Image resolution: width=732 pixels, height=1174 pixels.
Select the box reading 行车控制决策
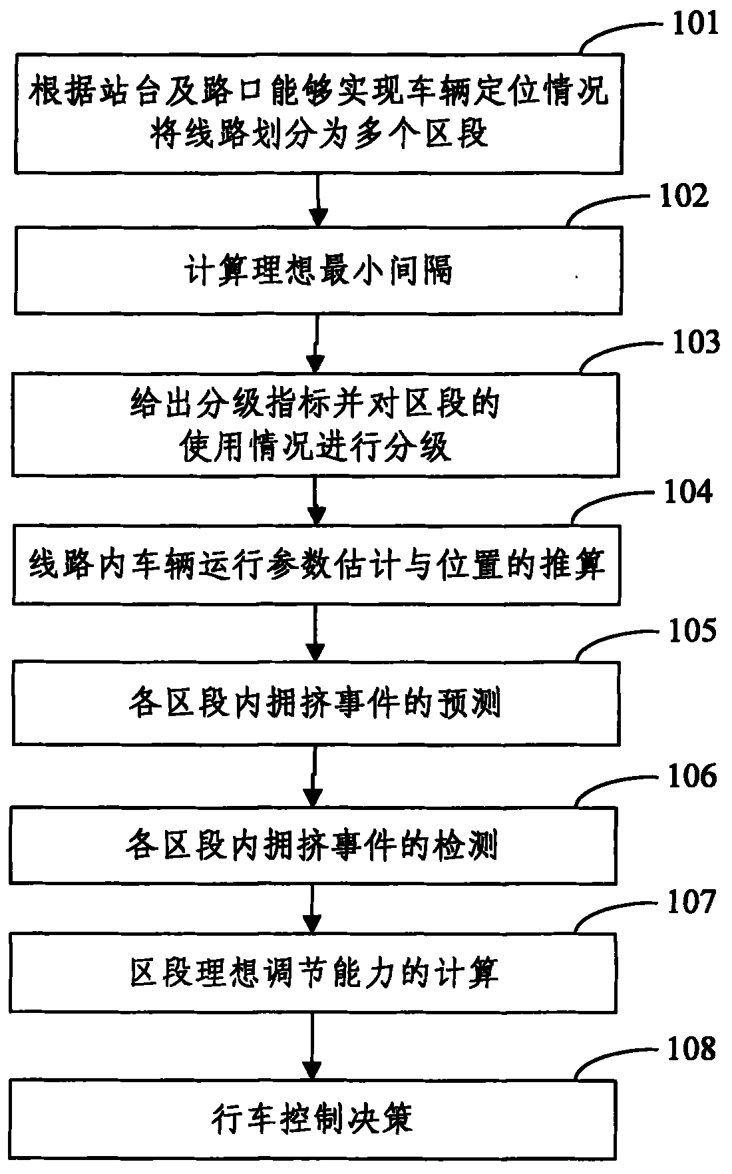click(313, 1120)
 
